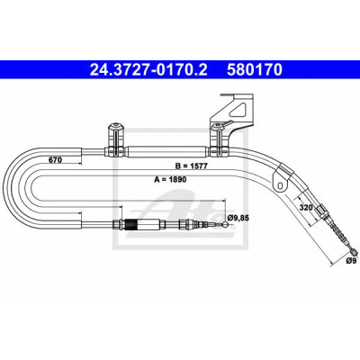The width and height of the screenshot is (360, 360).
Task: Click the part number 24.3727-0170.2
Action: (x=148, y=70)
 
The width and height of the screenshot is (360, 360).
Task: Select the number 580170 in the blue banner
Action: (x=255, y=70)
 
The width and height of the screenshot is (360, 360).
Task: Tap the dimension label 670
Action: (x=56, y=160)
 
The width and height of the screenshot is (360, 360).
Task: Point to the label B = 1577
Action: (x=192, y=166)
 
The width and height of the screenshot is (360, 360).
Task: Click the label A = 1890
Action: (x=170, y=179)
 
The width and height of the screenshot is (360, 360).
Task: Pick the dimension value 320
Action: (x=306, y=207)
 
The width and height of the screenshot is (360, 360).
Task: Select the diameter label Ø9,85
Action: (x=238, y=218)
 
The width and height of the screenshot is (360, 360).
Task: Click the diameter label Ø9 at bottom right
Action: (x=351, y=261)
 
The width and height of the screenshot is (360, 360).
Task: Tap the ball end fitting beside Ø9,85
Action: (x=225, y=224)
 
